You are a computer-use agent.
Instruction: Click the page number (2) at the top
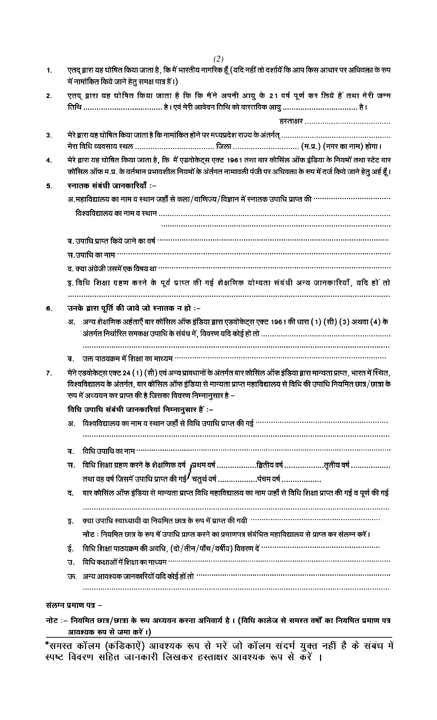click(x=218, y=59)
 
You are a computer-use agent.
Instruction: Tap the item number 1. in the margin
click(x=49, y=71)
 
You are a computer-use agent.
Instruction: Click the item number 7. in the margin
click(x=49, y=373)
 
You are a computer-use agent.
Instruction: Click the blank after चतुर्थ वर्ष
click(x=237, y=479)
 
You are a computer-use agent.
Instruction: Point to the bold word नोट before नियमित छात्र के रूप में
click(x=89, y=534)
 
